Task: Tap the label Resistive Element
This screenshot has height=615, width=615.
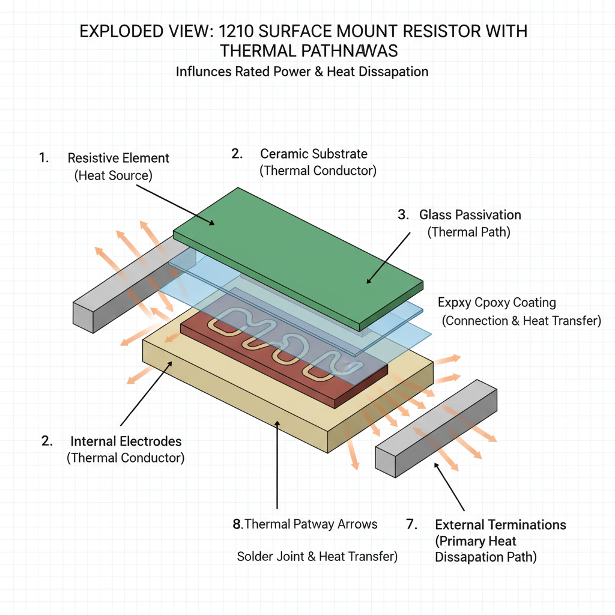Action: (118, 159)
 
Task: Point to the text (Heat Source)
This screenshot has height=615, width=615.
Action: (114, 176)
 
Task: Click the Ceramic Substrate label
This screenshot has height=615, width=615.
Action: (314, 154)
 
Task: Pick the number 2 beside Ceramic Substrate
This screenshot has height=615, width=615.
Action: (236, 154)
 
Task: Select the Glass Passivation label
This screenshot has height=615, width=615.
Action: (470, 215)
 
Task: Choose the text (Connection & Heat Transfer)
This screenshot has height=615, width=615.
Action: (521, 321)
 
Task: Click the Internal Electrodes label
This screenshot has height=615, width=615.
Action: (126, 441)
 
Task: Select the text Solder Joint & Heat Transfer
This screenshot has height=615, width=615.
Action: (317, 557)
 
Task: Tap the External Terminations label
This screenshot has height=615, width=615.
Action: (500, 525)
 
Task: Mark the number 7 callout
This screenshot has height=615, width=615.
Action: (411, 525)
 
